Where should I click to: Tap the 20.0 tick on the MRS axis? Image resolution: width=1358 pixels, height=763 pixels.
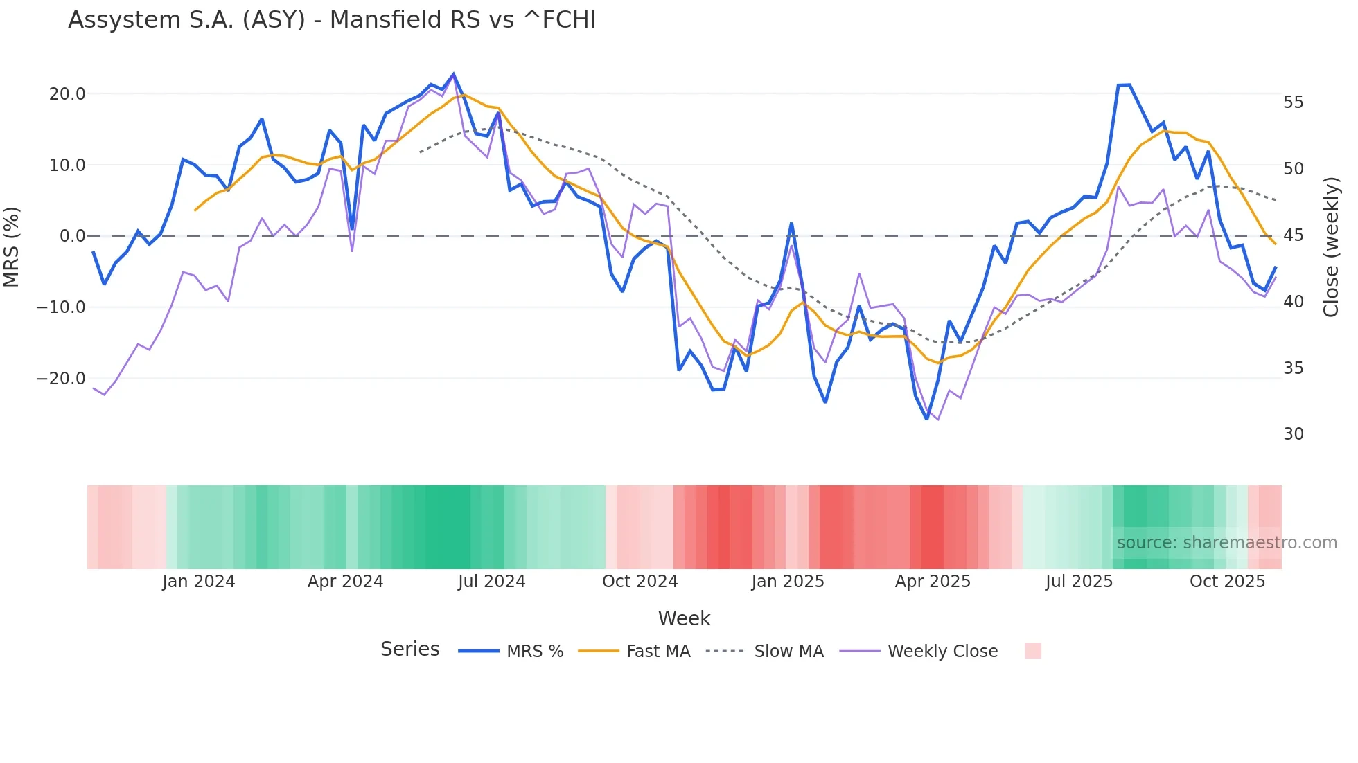pos(67,94)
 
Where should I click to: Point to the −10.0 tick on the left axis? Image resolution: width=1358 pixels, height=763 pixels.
pos(61,307)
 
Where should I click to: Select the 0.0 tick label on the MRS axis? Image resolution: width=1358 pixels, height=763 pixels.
pos(72,236)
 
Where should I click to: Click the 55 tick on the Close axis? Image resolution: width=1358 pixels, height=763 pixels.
pos(1293,102)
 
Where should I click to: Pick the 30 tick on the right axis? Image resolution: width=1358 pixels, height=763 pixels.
pos(1293,434)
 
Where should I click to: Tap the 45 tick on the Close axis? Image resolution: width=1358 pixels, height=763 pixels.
pos(1293,235)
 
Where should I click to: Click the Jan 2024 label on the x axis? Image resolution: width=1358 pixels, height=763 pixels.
pos(199,582)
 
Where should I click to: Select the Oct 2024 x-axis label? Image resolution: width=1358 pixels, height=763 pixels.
pos(640,582)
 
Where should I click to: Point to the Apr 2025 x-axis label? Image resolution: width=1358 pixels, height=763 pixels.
pos(933,582)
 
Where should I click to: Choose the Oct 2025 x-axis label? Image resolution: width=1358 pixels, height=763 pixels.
pos(1227,582)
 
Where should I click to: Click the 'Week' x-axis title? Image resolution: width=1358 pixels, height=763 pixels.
pos(684,618)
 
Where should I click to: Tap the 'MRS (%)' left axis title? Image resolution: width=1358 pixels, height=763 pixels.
pos(12,247)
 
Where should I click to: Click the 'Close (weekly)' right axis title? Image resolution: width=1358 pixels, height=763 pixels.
pos(1330,247)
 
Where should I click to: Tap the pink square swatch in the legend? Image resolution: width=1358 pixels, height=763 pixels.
pos(1032,651)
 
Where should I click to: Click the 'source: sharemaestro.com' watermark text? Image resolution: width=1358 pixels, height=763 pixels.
pos(1226,543)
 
